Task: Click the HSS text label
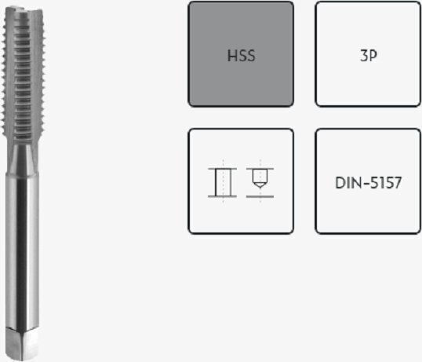(241, 56)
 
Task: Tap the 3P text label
(369, 56)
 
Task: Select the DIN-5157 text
(369, 183)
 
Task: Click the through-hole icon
(223, 182)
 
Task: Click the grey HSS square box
(241, 54)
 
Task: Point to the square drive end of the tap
(22, 344)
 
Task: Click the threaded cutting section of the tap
(24, 74)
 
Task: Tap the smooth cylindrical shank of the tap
(22, 250)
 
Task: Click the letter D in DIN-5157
(340, 183)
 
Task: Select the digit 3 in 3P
(364, 56)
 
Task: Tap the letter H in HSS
(232, 56)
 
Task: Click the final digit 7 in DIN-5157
(398, 183)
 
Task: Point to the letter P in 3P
(373, 56)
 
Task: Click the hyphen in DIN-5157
(366, 184)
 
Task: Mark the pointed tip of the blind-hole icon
(260, 188)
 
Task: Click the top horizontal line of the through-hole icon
(223, 169)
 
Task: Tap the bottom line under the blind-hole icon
(260, 196)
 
